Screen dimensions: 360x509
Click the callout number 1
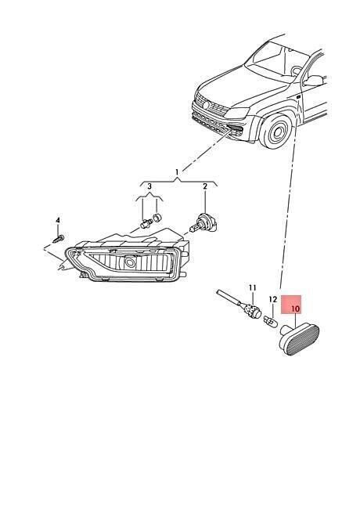pos(177,171)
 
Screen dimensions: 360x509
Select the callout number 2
pos(205,186)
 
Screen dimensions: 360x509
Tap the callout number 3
pos(149,186)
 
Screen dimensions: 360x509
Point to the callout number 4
pos(58,220)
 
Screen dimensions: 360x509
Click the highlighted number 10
pos(296,309)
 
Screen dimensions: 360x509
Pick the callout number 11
pos(253,288)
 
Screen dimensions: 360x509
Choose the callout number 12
pos(273,299)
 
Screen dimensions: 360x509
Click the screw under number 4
pos(59,240)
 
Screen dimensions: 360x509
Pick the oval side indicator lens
pos(300,341)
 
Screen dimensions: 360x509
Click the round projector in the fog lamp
pos(131,263)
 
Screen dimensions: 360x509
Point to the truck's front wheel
pos(275,131)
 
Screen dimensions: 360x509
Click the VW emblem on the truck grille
pos(205,105)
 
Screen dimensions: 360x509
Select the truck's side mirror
pos(313,81)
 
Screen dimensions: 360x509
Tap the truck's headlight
pos(238,113)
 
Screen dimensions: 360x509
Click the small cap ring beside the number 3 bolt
pos(157,218)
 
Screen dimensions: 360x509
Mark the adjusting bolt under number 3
pos(144,223)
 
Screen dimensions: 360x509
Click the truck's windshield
pos(274,62)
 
